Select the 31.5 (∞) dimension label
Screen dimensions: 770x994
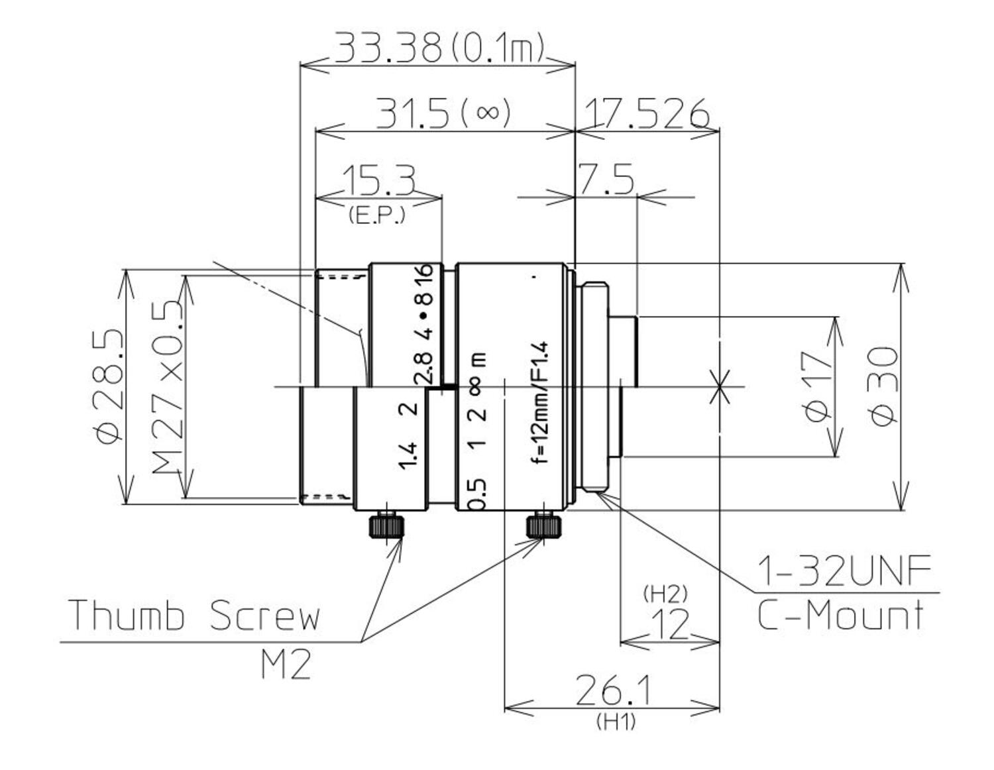click(x=443, y=113)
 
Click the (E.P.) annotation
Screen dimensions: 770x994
click(x=376, y=215)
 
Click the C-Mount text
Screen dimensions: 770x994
click(x=840, y=615)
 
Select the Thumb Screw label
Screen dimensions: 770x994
click(x=194, y=615)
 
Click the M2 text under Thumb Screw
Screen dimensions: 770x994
click(x=285, y=665)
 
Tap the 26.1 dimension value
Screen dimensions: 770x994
click(x=613, y=690)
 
